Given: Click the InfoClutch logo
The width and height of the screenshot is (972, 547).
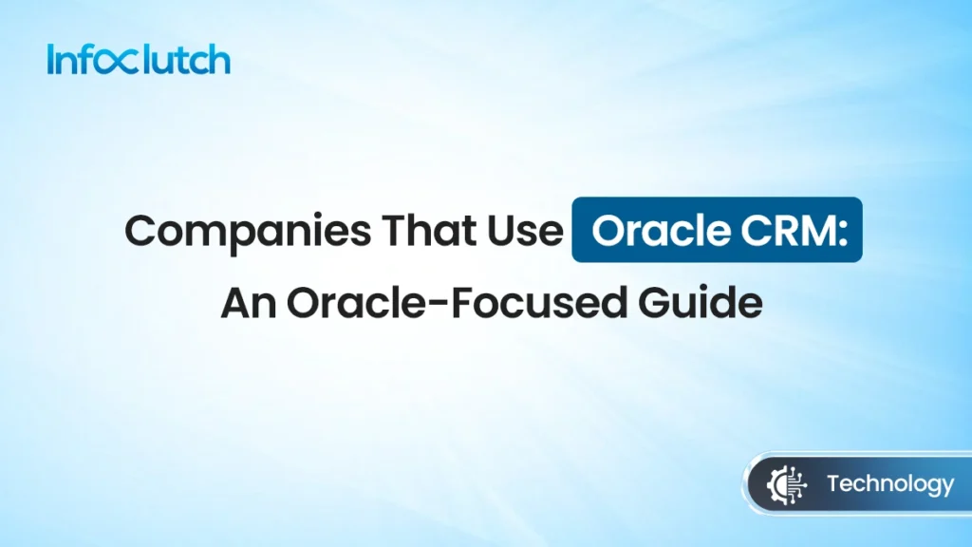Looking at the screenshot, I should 138,60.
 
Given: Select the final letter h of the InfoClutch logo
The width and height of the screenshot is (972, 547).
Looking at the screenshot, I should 219,59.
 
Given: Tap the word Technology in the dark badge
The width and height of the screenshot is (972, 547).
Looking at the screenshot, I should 889,485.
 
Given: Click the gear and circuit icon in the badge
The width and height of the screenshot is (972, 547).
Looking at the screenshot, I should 784,485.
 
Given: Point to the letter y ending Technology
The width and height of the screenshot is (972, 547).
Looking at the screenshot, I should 945,488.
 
